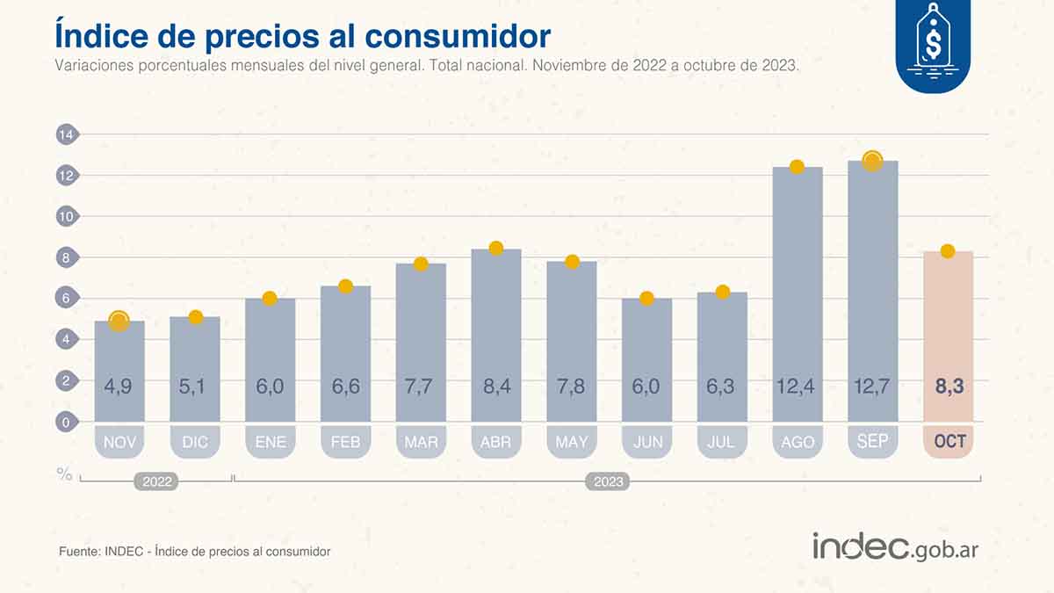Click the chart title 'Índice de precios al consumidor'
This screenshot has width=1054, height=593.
pyautogui.click(x=302, y=35)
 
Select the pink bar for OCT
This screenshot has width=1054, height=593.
pyautogui.click(x=948, y=334)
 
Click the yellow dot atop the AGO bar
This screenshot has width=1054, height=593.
pyautogui.click(x=797, y=167)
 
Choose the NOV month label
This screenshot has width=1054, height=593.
pyautogui.click(x=119, y=442)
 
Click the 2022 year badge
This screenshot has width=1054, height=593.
pyautogui.click(x=155, y=481)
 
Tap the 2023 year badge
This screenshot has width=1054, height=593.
pyautogui.click(x=608, y=481)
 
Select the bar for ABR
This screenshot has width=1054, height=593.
pyautogui.click(x=496, y=334)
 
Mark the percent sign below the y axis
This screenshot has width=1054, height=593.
pyautogui.click(x=64, y=474)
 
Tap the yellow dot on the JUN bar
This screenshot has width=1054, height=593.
pyautogui.click(x=646, y=299)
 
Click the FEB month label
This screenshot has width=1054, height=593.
pyautogui.click(x=345, y=442)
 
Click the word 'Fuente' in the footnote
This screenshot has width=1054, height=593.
pyautogui.click(x=77, y=552)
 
